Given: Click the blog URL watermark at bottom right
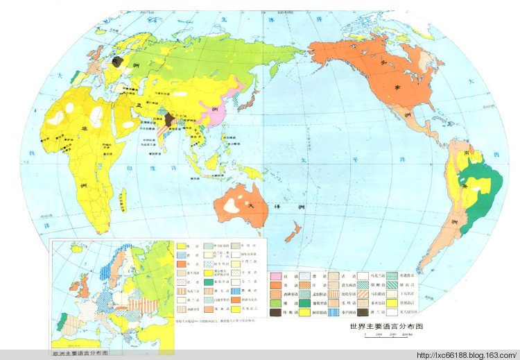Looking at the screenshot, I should tap(465, 354).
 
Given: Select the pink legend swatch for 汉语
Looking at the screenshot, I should tap(275, 275).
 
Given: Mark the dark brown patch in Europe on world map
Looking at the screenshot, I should tap(118, 61).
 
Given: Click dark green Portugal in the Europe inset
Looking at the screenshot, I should tap(64, 318).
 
